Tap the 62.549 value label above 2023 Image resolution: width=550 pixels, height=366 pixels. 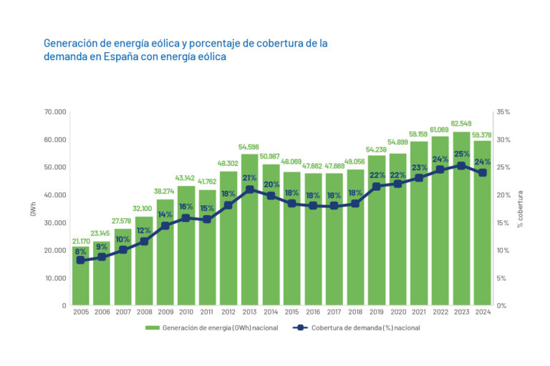(460, 125)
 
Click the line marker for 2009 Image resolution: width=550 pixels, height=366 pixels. (165, 226)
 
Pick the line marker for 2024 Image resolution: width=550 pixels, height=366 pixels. (482, 173)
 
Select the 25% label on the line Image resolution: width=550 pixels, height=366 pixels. (461, 154)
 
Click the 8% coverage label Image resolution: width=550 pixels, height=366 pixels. (80, 252)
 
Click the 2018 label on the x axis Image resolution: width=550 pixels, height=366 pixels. (355, 312)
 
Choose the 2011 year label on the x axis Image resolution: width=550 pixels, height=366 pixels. (207, 312)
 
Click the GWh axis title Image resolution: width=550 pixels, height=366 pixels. (32, 209)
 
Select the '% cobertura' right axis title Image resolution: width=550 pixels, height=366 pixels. (521, 209)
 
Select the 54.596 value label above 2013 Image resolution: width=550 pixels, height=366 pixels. (249, 147)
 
